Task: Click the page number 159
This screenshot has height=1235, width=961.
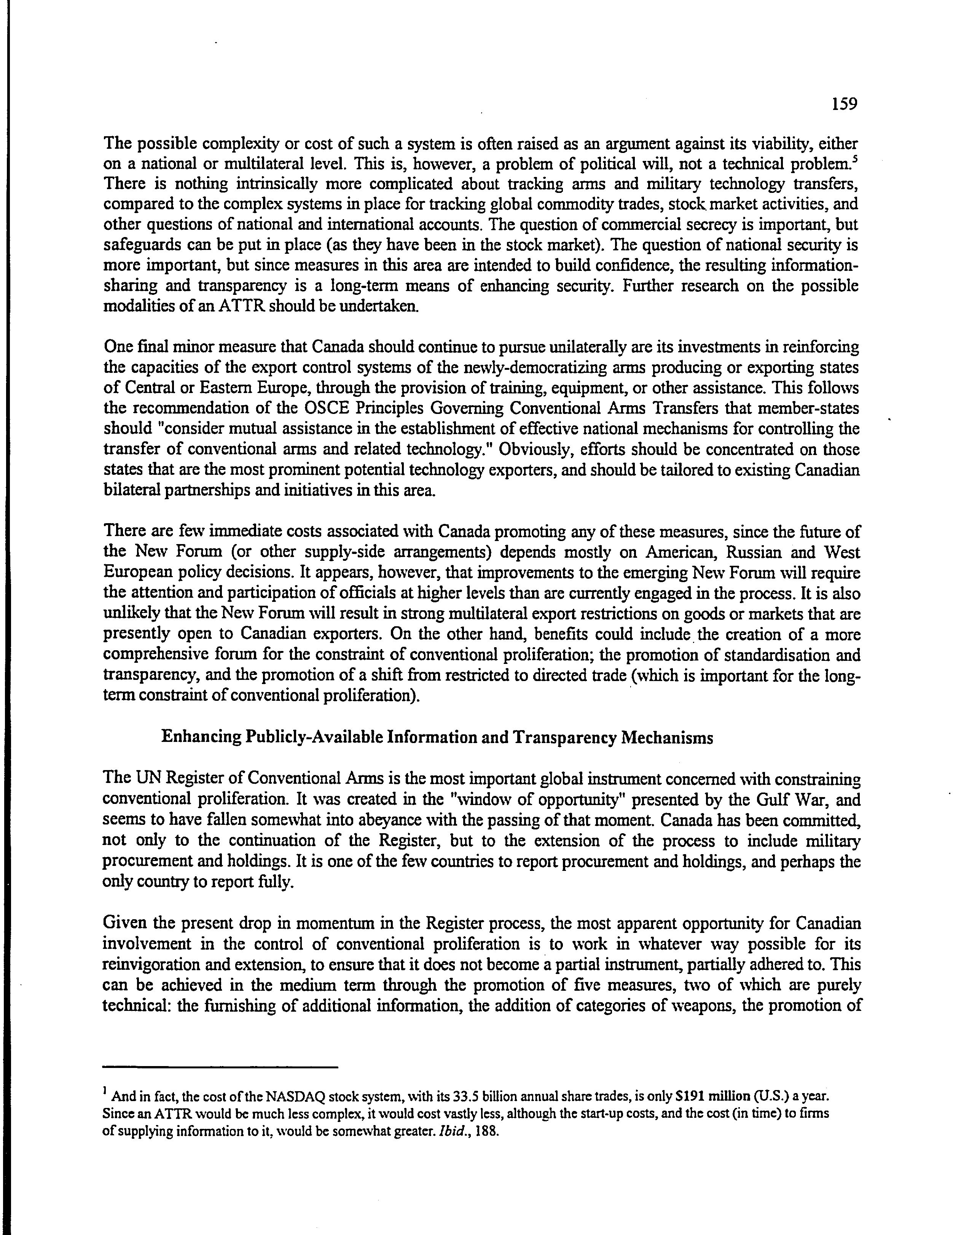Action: tap(845, 104)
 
